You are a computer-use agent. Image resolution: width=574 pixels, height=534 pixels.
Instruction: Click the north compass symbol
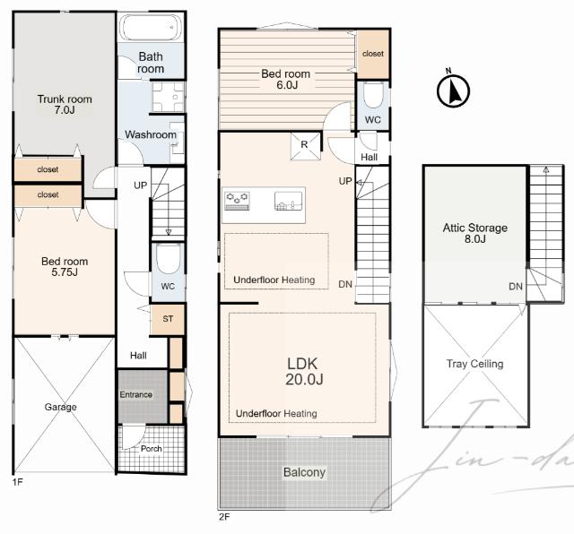click(453, 89)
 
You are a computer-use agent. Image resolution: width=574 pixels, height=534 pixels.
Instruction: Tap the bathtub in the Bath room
click(151, 27)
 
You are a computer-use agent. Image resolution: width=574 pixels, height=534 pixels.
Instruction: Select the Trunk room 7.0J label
click(65, 104)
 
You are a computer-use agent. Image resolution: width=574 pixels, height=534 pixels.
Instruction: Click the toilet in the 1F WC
click(168, 258)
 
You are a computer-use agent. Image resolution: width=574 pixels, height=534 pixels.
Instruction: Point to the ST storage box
click(168, 319)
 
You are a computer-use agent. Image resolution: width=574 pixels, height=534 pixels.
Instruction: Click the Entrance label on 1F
click(135, 394)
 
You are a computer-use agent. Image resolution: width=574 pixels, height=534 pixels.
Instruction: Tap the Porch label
click(152, 449)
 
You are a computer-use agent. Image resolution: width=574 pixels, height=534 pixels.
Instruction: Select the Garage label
click(60, 407)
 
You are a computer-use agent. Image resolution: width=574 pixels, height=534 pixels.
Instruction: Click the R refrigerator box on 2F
click(305, 146)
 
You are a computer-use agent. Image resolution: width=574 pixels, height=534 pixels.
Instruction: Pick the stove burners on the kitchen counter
click(237, 201)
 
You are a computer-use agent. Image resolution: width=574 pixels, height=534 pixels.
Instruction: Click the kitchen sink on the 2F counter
click(288, 201)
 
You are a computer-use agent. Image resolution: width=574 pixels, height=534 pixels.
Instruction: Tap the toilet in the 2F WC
click(373, 95)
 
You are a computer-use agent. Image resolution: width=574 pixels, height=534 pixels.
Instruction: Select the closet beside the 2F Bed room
click(373, 54)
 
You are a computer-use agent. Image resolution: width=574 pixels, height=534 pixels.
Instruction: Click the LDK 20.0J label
click(304, 371)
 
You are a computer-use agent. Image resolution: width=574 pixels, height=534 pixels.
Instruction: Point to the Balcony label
click(304, 472)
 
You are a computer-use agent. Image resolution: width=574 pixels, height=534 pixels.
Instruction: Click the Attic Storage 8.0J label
click(475, 233)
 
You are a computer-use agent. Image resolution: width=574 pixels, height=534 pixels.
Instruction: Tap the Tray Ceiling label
click(474, 364)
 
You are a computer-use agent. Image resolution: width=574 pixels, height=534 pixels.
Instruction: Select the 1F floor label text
click(18, 482)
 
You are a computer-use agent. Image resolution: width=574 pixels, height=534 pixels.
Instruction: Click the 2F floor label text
click(224, 517)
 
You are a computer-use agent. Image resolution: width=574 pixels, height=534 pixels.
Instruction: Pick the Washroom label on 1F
click(151, 134)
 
